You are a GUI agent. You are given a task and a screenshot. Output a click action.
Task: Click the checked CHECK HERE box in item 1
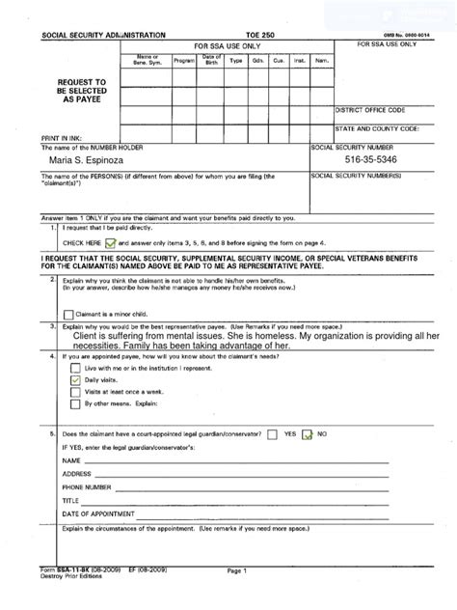(110, 244)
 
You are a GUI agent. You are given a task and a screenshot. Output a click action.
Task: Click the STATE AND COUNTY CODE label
(377, 127)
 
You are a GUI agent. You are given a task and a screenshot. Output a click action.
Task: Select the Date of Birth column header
(211, 61)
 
